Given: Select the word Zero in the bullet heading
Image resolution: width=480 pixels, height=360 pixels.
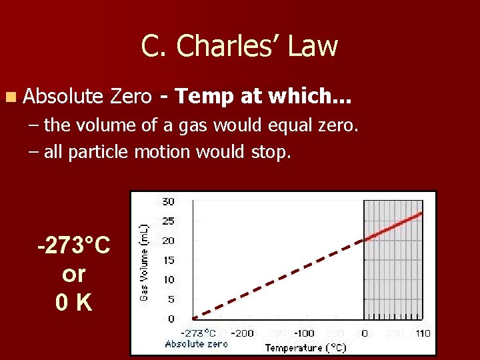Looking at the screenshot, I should pos(131,97).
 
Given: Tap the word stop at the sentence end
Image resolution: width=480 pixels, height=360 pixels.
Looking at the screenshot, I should pos(271,153).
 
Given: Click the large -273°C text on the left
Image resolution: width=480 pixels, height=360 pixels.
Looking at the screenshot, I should pos(74,245).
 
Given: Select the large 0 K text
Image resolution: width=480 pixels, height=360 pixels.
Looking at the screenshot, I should pos(74,303).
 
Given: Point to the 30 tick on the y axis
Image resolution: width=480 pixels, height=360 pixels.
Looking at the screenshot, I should pos(168,201).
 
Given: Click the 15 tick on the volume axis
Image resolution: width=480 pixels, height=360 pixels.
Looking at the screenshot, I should pos(168,260).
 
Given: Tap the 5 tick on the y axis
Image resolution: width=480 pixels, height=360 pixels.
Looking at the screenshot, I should pos(171,299).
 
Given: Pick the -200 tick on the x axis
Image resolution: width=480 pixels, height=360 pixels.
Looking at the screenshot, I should pos(245,333).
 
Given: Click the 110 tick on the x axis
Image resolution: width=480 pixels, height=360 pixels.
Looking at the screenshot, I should pos(422,333).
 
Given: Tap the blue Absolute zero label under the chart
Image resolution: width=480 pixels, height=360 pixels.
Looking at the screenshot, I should pos(196,344).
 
